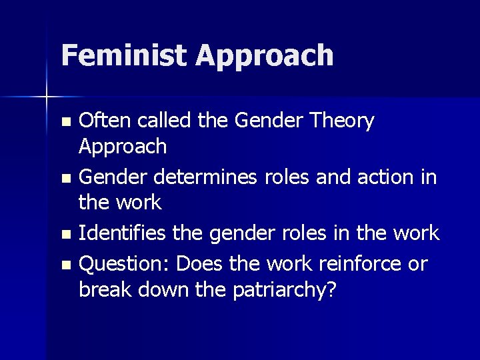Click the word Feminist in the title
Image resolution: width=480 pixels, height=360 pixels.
point(124,55)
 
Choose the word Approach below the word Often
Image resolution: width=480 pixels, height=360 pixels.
point(123,147)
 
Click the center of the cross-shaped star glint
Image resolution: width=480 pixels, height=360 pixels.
point(47,97)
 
